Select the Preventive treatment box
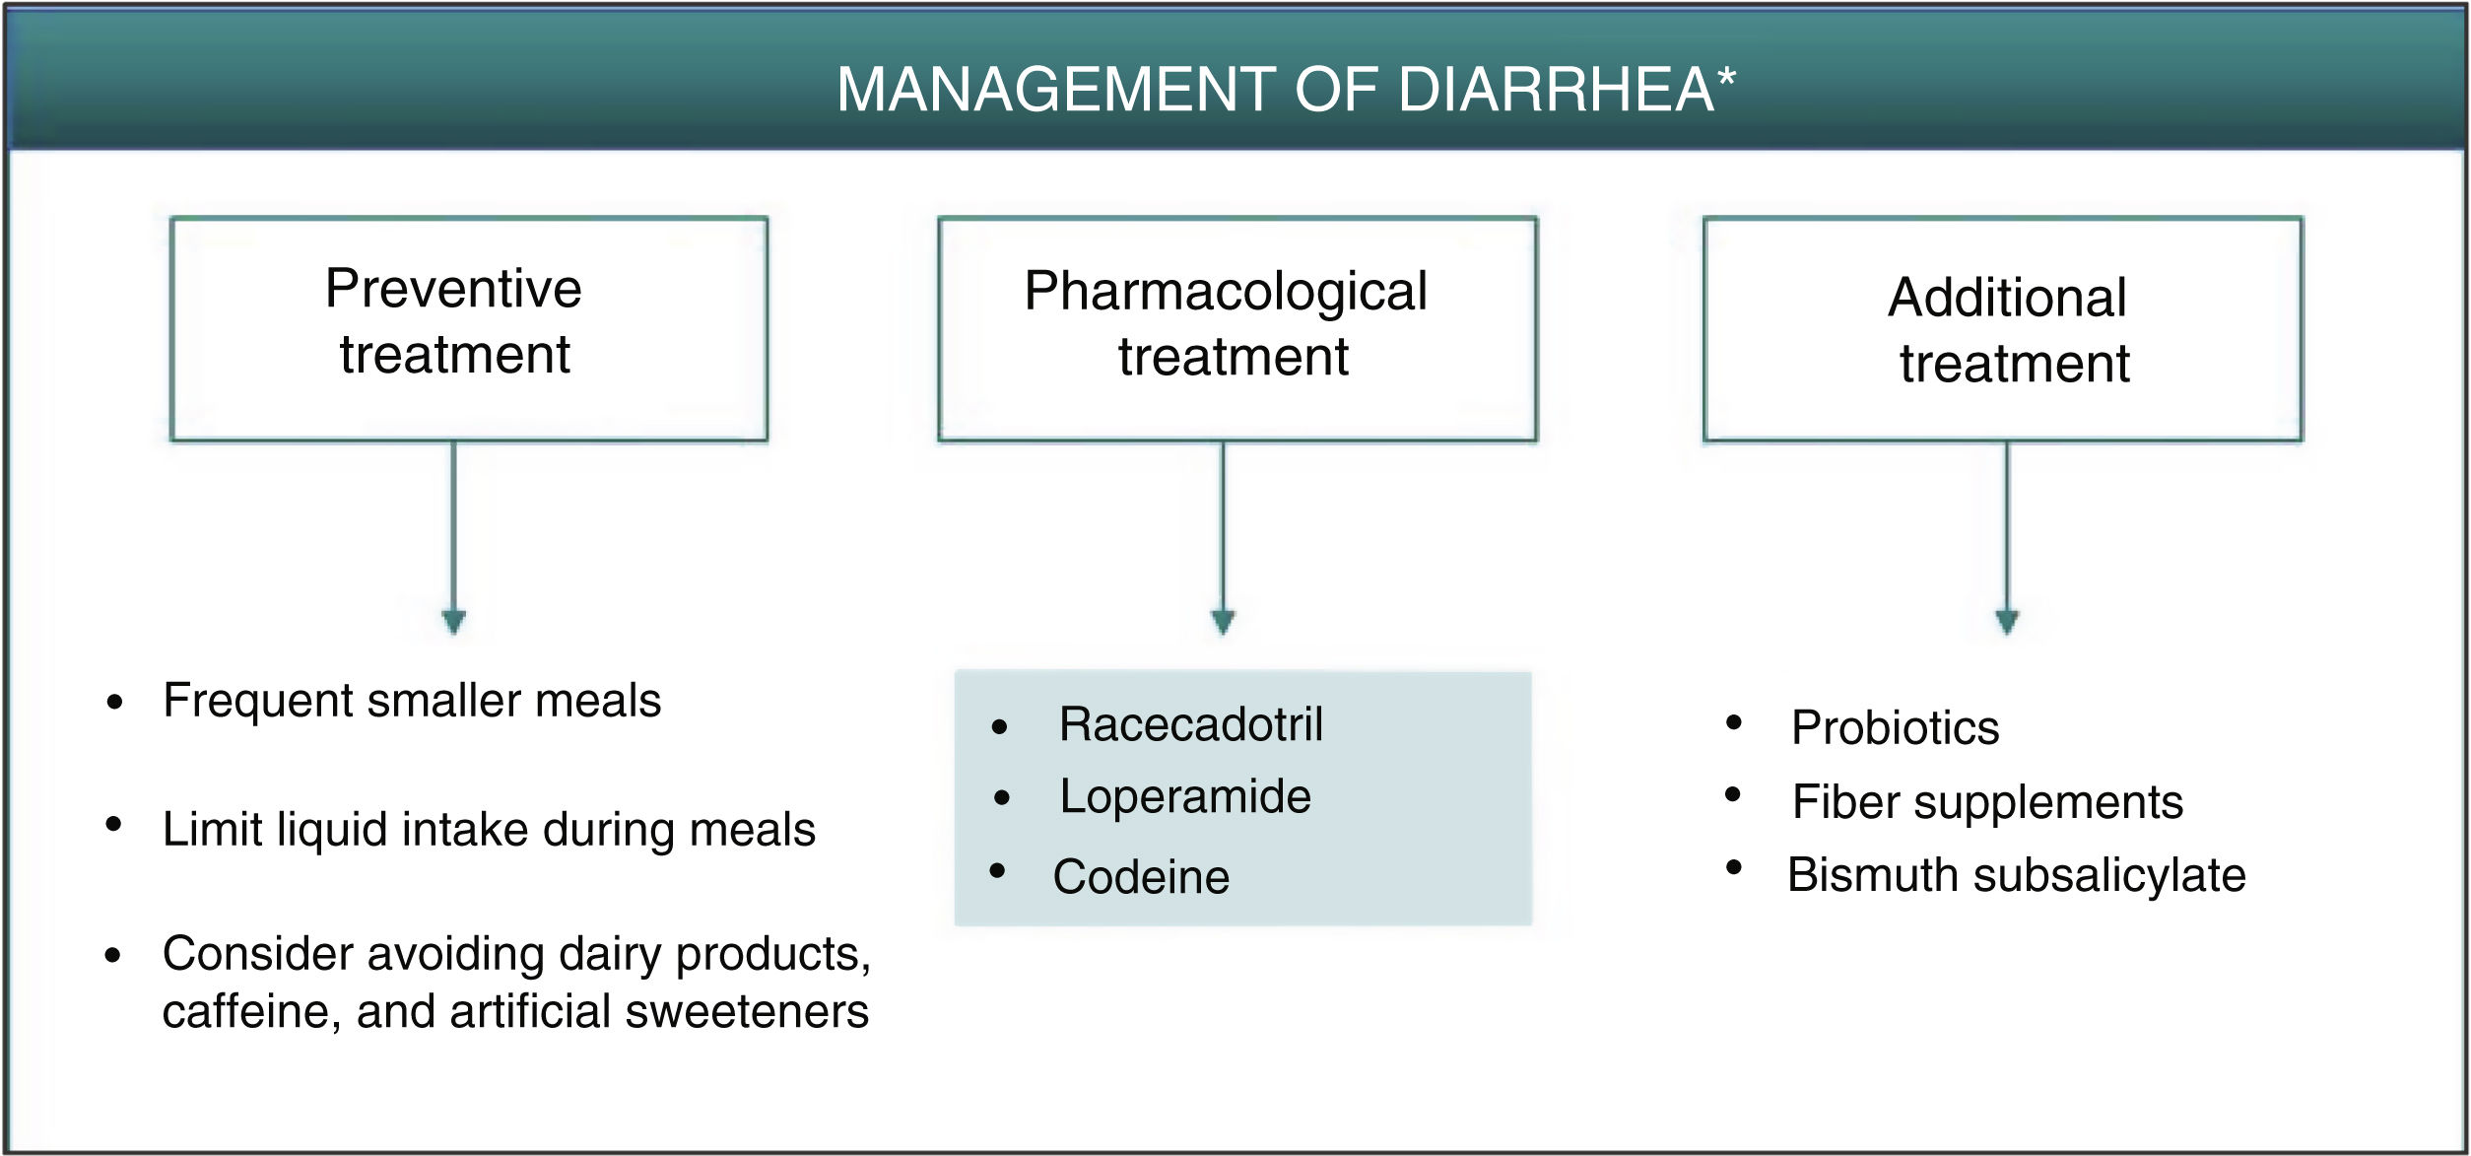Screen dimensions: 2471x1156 [x=468, y=328]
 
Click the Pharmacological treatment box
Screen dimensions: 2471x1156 [x=1236, y=328]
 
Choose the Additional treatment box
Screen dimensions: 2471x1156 [x=2002, y=328]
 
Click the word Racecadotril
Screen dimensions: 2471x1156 [x=1190, y=724]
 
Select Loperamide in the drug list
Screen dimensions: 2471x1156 [x=1184, y=796]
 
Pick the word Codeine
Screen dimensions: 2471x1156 [x=1141, y=877]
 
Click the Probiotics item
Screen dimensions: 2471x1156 [x=1895, y=728]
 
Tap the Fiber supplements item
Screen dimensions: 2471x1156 [x=1987, y=802]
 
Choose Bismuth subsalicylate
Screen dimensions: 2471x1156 [x=2016, y=875]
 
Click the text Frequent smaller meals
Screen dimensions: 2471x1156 [x=412, y=701]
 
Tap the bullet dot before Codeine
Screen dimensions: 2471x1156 [x=997, y=871]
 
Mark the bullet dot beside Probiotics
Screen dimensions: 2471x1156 [x=1734, y=723]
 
